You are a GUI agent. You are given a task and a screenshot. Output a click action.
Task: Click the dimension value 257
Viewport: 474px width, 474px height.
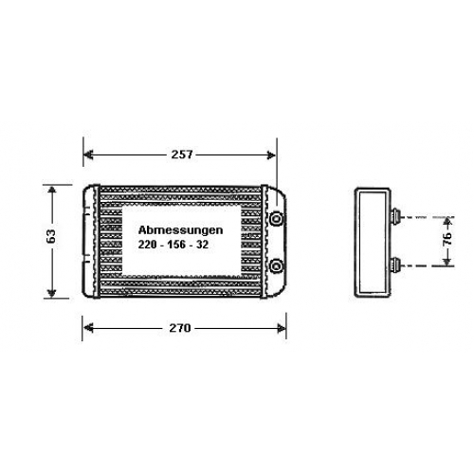click(182, 155)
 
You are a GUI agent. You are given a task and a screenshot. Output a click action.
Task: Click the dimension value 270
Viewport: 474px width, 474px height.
click(180, 328)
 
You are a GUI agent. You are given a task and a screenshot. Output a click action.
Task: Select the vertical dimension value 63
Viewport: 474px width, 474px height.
click(51, 235)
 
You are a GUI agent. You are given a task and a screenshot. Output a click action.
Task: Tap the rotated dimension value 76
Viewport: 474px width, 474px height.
click(447, 239)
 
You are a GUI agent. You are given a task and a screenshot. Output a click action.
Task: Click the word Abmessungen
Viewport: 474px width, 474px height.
click(180, 230)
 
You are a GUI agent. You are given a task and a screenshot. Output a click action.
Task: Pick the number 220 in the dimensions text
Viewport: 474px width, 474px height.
click(147, 245)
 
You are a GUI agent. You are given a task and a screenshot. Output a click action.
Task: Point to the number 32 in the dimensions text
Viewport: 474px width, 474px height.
click(203, 245)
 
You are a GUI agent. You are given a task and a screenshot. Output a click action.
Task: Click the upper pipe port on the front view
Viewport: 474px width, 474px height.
click(277, 218)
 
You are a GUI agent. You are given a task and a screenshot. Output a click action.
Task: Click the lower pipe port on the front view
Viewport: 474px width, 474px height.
click(277, 266)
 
